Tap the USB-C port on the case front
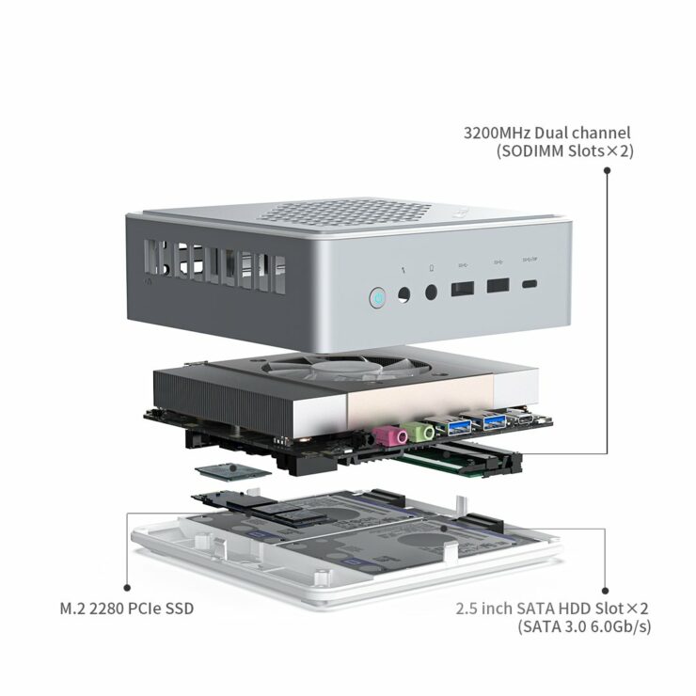pos(534,285)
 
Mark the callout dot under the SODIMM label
pos(607,171)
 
